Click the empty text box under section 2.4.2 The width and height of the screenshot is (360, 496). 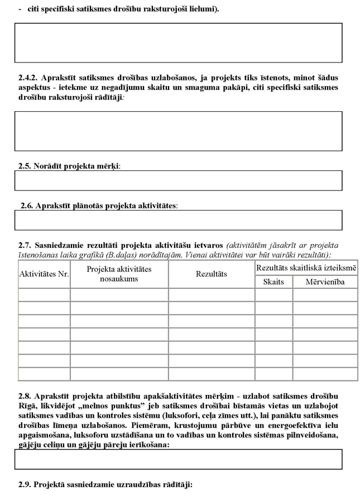pyautogui.click(x=178, y=131)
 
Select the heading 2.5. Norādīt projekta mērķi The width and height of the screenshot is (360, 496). pyautogui.click(x=70, y=166)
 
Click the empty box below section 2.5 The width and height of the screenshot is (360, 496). pyautogui.click(x=178, y=180)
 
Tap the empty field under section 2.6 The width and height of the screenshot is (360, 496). pyautogui.click(x=178, y=220)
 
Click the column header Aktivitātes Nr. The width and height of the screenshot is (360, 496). pyautogui.click(x=44, y=274)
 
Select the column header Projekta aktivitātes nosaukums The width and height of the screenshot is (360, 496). pyautogui.click(x=119, y=274)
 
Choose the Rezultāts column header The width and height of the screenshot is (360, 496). pyautogui.click(x=212, y=274)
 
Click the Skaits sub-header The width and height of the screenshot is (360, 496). pyautogui.click(x=273, y=282)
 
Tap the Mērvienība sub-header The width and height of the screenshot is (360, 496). pyautogui.click(x=325, y=282)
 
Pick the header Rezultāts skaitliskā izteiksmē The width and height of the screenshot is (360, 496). pyautogui.click(x=306, y=268)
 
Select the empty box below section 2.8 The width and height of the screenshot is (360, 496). pyautogui.click(x=178, y=459)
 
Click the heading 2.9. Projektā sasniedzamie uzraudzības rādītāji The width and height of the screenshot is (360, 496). pyautogui.click(x=105, y=484)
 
